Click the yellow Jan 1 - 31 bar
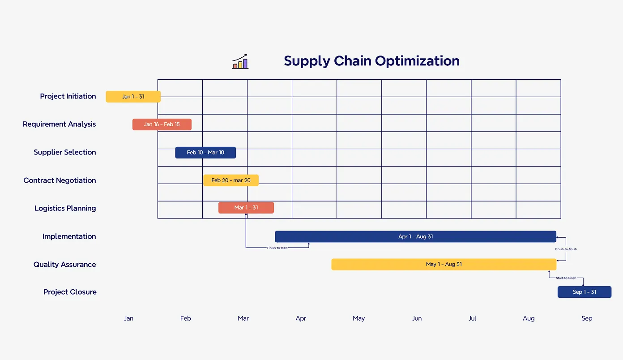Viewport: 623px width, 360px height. tap(133, 97)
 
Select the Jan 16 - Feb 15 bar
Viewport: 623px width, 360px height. tap(162, 124)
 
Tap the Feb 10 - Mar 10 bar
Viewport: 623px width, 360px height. tap(205, 153)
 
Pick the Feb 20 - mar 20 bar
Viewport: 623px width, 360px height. tap(231, 180)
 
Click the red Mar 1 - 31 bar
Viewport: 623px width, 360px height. tap(246, 208)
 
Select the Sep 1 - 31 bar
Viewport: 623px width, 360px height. tap(584, 292)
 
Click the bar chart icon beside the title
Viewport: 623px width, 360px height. tap(240, 62)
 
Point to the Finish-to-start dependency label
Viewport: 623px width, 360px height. tap(277, 248)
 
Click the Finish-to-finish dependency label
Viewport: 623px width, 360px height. tap(566, 249)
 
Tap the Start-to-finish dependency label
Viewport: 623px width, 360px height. tap(566, 278)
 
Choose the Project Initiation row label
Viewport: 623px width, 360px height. tap(68, 96)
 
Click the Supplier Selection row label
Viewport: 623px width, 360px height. tap(65, 152)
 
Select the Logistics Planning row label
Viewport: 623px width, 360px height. tap(65, 208)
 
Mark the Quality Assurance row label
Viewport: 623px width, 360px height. tap(65, 265)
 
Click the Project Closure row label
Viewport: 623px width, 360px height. tap(70, 292)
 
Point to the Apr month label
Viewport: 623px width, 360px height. tap(301, 318)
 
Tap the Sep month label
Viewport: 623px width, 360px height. tap(587, 318)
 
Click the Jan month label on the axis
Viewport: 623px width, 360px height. tap(128, 318)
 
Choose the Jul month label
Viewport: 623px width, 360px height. tap(472, 318)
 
